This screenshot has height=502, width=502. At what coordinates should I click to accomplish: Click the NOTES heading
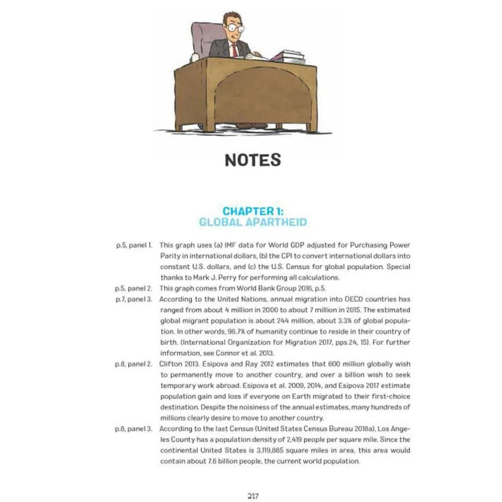click(253, 160)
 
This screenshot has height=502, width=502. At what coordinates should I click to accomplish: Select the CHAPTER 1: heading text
click(253, 211)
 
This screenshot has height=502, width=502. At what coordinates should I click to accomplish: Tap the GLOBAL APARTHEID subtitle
click(253, 222)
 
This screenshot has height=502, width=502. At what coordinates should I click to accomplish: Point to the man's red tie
click(234, 50)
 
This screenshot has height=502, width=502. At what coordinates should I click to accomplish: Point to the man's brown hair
click(233, 18)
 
